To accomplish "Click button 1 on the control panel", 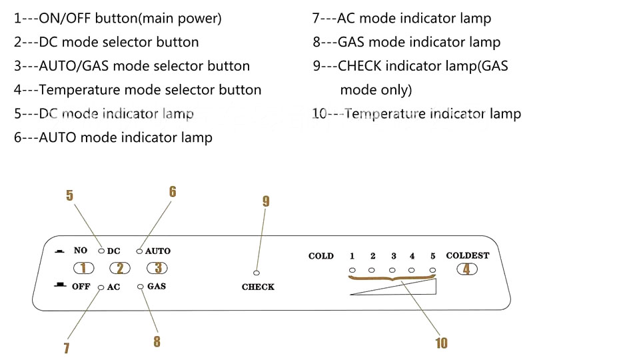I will (x=83, y=269).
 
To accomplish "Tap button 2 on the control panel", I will (x=120, y=269).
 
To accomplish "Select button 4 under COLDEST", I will (x=467, y=269).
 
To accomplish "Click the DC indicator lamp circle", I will (x=101, y=251).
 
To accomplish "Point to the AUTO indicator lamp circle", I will (x=140, y=251).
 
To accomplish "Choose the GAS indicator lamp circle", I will (x=141, y=287).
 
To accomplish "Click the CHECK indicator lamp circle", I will (x=257, y=273).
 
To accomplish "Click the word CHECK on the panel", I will (x=258, y=287).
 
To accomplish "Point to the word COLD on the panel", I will (x=321, y=256).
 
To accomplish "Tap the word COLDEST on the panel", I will (x=467, y=255).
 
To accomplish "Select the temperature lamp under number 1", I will (x=352, y=270).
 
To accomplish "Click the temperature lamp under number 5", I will (x=433, y=270).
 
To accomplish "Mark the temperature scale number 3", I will (x=394, y=256).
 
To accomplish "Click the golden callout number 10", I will (x=441, y=343).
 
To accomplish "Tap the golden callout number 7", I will (x=67, y=347).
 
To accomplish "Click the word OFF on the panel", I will (x=81, y=287).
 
